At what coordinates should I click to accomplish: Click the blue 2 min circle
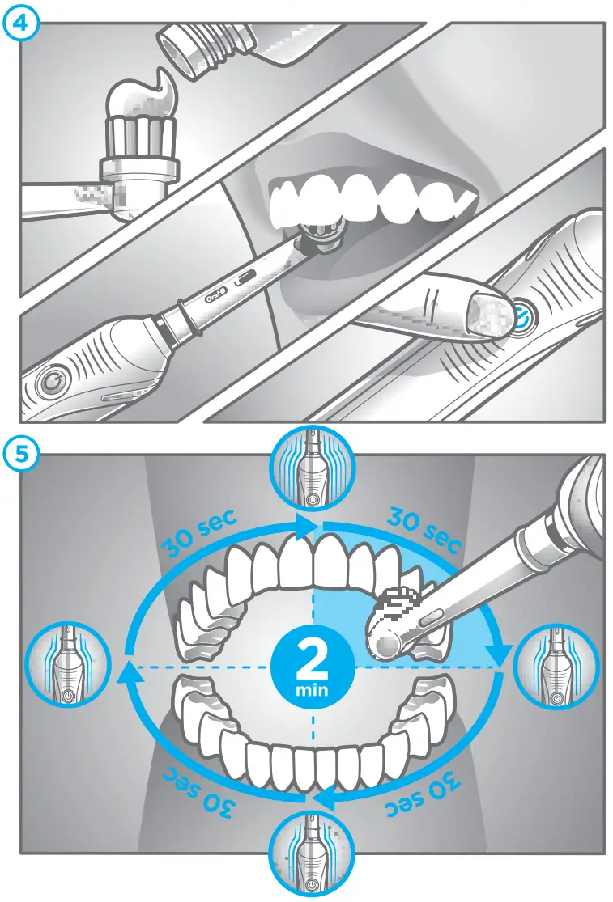click(x=312, y=667)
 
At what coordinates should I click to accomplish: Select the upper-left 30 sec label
click(x=198, y=535)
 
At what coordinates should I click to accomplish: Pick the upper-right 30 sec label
click(x=424, y=527)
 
